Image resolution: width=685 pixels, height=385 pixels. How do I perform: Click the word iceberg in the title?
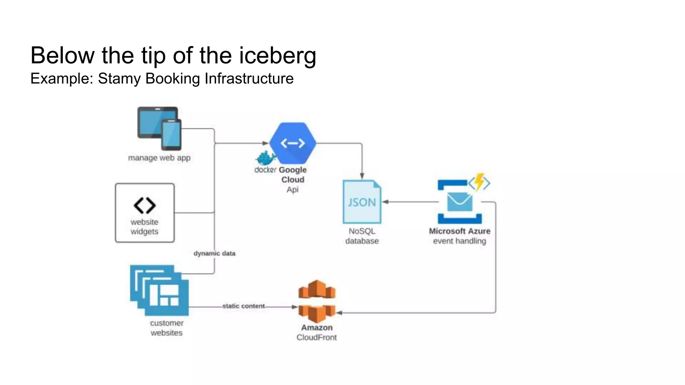tap(277, 55)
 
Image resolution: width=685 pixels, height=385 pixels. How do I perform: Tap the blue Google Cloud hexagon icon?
tap(293, 143)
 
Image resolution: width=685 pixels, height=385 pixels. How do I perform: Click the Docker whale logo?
tap(266, 158)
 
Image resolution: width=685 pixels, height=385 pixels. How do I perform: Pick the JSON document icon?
tap(362, 202)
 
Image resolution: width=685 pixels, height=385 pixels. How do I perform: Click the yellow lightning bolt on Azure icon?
tap(480, 181)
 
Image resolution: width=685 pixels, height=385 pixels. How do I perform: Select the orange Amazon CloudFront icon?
tap(316, 301)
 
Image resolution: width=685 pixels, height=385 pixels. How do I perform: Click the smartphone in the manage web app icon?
tap(171, 135)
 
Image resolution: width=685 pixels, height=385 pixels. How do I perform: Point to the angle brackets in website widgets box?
tap(144, 205)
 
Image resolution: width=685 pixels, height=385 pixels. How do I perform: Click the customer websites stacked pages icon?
tap(160, 290)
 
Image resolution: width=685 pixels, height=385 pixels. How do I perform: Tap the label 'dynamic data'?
tap(214, 253)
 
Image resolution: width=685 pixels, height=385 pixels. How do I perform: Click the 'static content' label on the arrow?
tap(243, 306)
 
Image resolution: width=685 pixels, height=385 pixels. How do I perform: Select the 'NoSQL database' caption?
tap(362, 236)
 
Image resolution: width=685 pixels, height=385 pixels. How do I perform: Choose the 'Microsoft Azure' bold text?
tap(460, 231)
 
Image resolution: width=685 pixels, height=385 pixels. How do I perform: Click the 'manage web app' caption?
tap(159, 158)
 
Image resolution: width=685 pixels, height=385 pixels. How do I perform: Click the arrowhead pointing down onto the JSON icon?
tap(362, 176)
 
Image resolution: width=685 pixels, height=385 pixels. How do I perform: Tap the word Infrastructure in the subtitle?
tap(249, 79)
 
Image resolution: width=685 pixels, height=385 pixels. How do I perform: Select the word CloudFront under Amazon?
tap(316, 338)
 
